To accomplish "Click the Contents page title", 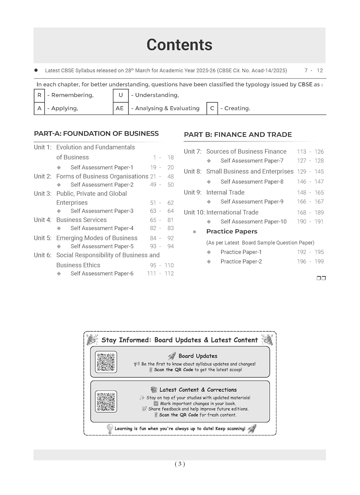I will [x=180, y=45].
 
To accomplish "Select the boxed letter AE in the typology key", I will [x=120, y=108].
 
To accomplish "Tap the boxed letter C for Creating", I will [x=212, y=108].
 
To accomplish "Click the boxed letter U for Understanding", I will [x=121, y=95].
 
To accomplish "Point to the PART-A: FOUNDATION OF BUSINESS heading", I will [x=96, y=134].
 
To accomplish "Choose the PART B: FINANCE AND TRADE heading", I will [x=238, y=135].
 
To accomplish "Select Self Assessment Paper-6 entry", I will [x=102, y=274].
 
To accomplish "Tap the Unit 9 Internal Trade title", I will [x=225, y=192].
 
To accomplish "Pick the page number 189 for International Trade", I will [x=319, y=213].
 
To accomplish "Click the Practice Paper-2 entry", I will [x=241, y=262].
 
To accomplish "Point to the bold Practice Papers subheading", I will [x=232, y=232].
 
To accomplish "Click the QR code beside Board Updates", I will [x=106, y=362].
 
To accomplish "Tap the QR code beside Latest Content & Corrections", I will [x=106, y=402].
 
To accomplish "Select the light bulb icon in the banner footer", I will [x=110, y=429].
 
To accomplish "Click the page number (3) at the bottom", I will [x=180, y=464].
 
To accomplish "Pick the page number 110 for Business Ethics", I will [x=169, y=265].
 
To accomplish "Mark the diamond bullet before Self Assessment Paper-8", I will [x=209, y=182].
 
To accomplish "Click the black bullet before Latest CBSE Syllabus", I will [x=36, y=70].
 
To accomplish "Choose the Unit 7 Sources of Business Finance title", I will [x=246, y=151].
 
